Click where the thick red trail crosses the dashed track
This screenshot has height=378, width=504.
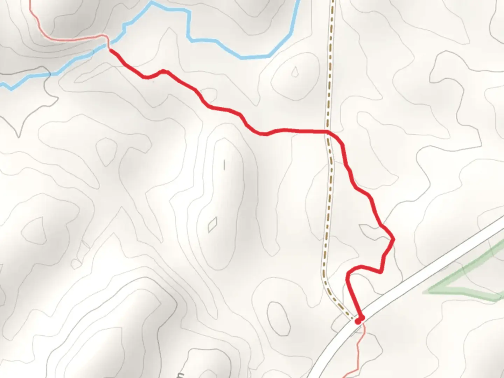(x=328, y=132)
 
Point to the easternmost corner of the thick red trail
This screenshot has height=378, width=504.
(x=394, y=239)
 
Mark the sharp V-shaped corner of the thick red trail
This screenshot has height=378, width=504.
(x=380, y=272)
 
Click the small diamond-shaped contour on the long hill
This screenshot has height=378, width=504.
(x=212, y=225)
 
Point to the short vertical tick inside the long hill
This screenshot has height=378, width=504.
(x=224, y=164)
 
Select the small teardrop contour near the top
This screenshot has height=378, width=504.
(x=295, y=72)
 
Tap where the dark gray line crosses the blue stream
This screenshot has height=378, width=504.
(x=50, y=74)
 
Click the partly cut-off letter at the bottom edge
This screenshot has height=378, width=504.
(x=181, y=375)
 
